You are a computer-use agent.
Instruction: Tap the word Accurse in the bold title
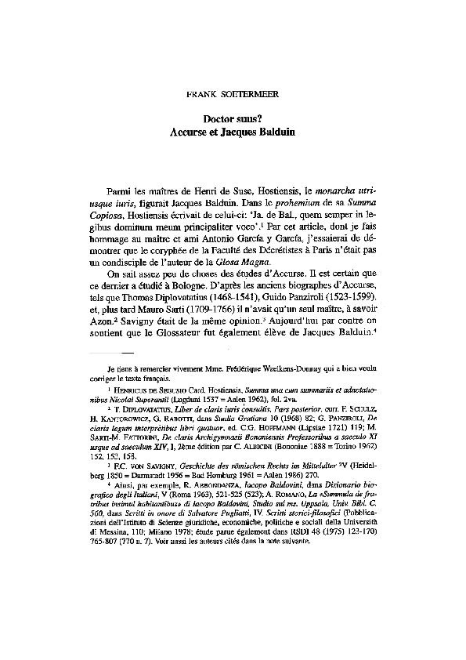click(x=190, y=133)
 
